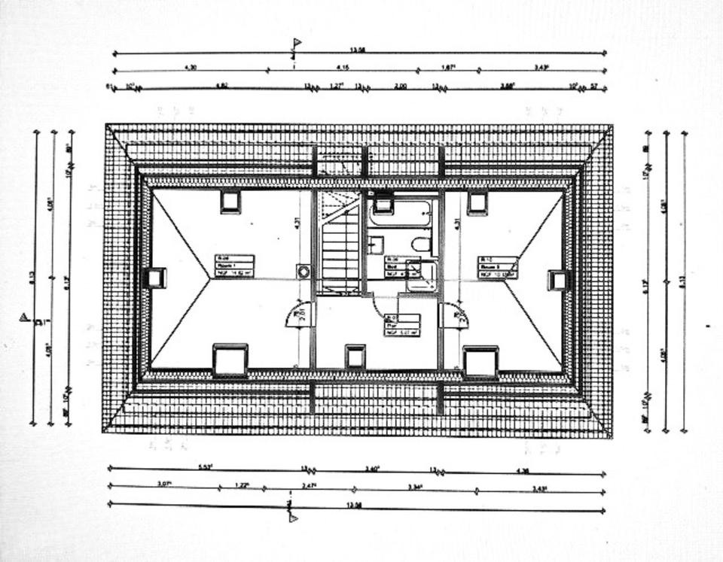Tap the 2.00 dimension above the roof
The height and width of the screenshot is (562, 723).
coord(400,86)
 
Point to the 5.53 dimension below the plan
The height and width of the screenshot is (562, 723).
coord(205,467)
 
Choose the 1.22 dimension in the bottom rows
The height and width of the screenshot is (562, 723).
coord(241,485)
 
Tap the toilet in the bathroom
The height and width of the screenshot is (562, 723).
coord(421,244)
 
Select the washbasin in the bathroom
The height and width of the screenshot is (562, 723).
coord(376,245)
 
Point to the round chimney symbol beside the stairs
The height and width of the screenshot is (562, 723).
coord(304,272)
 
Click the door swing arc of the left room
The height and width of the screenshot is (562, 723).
coord(297,315)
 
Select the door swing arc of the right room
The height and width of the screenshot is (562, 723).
coord(454,316)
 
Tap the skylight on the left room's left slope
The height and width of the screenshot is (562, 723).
coord(155,278)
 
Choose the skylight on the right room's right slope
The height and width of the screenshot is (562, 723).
coord(558,280)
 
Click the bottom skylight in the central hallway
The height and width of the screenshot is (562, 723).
coord(355,356)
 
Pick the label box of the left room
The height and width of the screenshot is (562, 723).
coord(234,266)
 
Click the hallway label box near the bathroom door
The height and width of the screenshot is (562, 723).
coord(401,324)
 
